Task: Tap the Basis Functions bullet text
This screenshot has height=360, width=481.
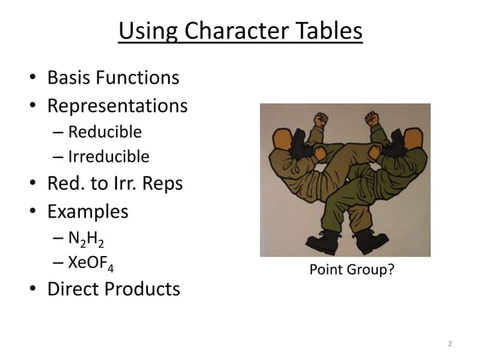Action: pyautogui.click(x=113, y=78)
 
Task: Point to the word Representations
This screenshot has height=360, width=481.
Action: pyautogui.click(x=117, y=105)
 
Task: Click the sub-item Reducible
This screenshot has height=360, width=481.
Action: pyautogui.click(x=105, y=133)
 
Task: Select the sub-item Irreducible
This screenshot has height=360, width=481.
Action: pyautogui.click(x=109, y=157)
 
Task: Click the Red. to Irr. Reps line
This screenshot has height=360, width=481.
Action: pyautogui.click(x=115, y=184)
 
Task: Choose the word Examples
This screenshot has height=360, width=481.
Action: pyautogui.click(x=87, y=211)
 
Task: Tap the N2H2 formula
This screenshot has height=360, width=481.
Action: pyautogui.click(x=87, y=239)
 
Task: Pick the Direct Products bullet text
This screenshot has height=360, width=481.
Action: pyautogui.click(x=114, y=289)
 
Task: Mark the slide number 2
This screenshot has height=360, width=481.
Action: pyautogui.click(x=450, y=344)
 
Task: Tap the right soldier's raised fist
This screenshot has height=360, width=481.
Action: pyautogui.click(x=371, y=118)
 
